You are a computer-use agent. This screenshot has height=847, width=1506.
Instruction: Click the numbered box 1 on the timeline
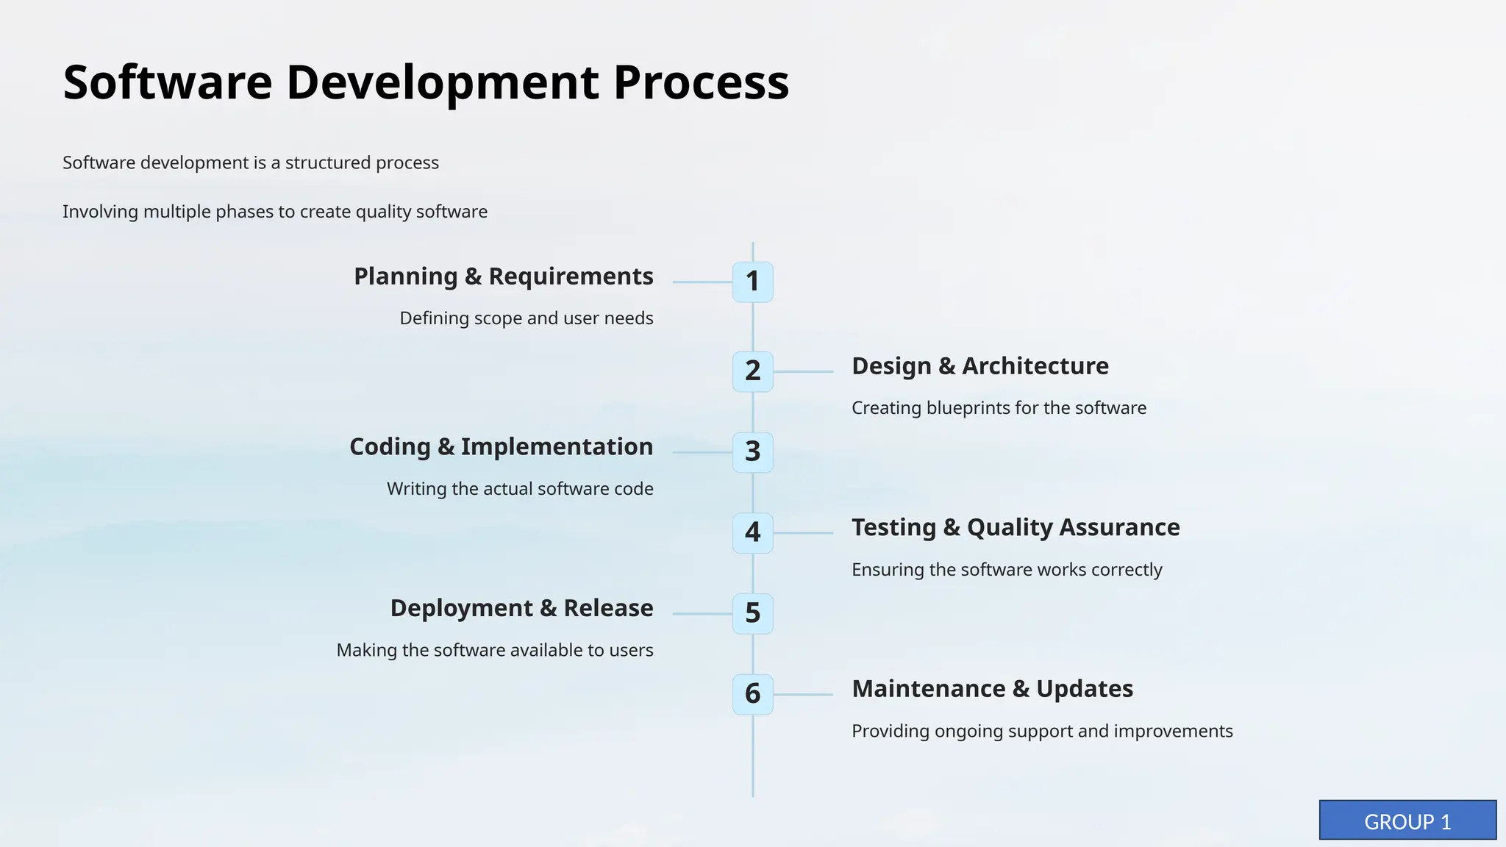pos(752,282)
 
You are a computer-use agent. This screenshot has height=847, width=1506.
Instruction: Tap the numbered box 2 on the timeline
pos(752,371)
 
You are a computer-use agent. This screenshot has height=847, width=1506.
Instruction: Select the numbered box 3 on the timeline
pos(752,452)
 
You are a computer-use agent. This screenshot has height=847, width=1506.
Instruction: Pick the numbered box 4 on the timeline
pos(752,533)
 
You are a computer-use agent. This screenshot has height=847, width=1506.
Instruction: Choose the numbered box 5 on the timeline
pos(752,613)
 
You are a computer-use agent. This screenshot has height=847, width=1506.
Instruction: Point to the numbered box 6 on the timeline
pos(752,694)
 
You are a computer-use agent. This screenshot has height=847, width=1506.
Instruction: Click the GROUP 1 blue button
pos(1407,821)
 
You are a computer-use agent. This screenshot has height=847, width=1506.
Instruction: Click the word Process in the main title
pos(701,82)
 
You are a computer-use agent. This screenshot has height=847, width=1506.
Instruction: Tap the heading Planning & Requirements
pos(503,276)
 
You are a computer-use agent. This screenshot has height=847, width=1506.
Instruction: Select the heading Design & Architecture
pos(979,366)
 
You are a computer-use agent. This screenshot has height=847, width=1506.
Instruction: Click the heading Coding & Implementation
pos(501,447)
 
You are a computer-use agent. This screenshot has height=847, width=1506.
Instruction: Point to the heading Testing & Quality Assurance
pos(1016,528)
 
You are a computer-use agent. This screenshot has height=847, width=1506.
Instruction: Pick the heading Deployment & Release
pos(521,609)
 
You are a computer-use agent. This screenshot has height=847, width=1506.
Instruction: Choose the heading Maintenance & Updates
pos(992,689)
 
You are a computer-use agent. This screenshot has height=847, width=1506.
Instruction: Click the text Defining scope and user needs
pos(526,318)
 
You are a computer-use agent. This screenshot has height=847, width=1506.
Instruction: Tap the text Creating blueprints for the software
pos(999,408)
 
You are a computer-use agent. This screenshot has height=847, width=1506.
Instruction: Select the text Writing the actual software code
pos(520,489)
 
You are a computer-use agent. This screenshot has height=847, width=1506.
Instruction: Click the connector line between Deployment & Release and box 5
pos(702,613)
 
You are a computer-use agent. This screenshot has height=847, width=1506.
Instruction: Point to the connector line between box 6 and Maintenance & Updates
pos(803,694)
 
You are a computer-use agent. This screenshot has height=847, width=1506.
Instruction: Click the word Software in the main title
pos(168,82)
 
